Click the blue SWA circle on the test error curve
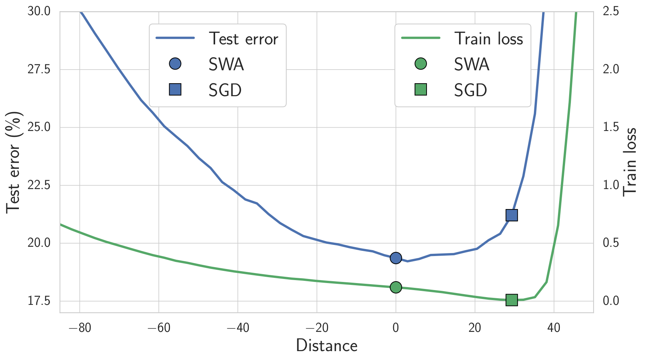coord(396,258)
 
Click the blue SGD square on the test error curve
coord(511,215)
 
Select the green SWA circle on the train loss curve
coord(396,287)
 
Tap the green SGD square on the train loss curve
coord(511,300)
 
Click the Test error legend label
coord(243,39)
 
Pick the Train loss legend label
coord(488,39)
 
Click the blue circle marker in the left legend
coord(175,64)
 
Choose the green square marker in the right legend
coord(421,90)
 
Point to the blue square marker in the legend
coord(175,90)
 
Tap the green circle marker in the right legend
coord(421,64)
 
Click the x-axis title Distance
coord(327,346)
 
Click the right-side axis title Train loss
coord(630,162)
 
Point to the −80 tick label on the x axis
coord(80,328)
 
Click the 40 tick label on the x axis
coord(554,328)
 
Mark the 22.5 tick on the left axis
coord(39,185)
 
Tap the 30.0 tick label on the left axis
coord(39,11)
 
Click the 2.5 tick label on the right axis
coord(611,11)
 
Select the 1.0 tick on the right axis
coord(611,185)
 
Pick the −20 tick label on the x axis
coord(317,328)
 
